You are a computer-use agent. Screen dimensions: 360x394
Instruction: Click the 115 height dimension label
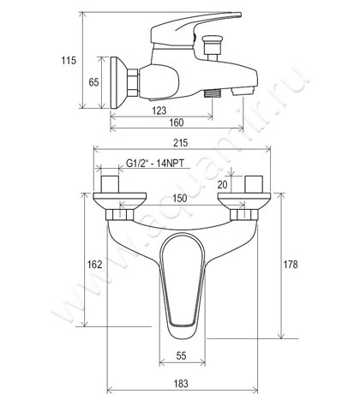point(69,61)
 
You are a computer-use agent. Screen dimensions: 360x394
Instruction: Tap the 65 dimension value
point(93,82)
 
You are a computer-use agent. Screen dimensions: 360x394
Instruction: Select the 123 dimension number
point(159,110)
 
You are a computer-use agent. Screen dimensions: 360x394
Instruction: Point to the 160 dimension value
point(177,122)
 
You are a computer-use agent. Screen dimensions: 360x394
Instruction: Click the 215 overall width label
point(181,143)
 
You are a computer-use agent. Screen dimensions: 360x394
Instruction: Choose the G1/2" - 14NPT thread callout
point(155,164)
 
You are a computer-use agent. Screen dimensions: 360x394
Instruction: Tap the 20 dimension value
point(222,185)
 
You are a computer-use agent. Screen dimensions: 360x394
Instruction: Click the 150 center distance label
point(180,199)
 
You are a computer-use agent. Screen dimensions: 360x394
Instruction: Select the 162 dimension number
point(94,265)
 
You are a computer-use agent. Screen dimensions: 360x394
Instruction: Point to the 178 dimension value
point(291,265)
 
